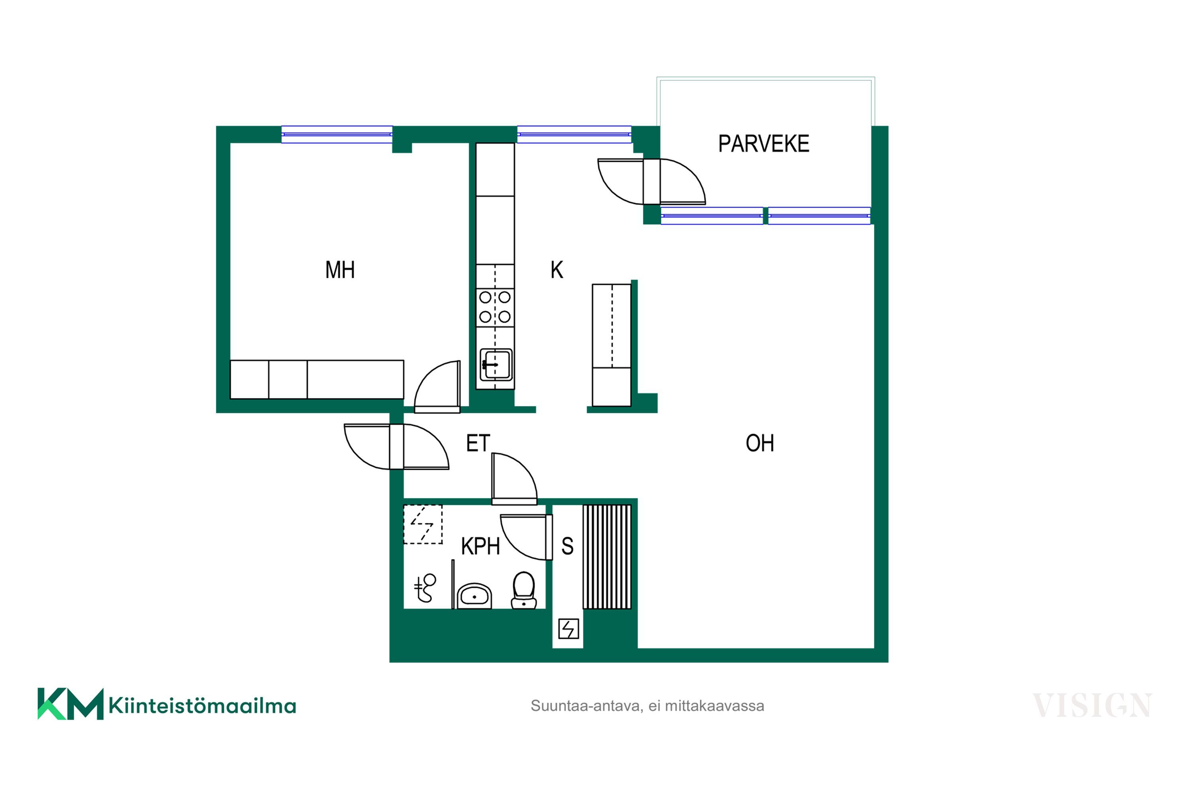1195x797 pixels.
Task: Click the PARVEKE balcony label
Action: tap(763, 144)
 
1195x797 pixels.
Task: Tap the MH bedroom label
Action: tap(340, 270)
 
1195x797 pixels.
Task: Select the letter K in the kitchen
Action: tap(557, 270)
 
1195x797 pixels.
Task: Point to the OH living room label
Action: tap(760, 443)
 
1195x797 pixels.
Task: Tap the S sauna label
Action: tap(568, 546)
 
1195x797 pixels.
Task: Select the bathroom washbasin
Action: tap(474, 595)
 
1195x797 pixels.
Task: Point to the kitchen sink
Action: tap(496, 365)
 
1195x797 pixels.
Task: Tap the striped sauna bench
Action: tap(607, 557)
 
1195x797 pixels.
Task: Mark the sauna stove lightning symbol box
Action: tap(568, 629)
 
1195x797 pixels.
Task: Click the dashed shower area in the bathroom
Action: tap(423, 524)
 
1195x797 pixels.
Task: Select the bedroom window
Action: tap(337, 134)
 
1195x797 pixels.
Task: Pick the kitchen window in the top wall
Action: tap(574, 134)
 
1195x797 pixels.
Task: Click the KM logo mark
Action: tap(71, 704)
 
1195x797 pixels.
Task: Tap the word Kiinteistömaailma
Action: tap(202, 705)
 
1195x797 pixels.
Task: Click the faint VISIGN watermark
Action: tap(1092, 705)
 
